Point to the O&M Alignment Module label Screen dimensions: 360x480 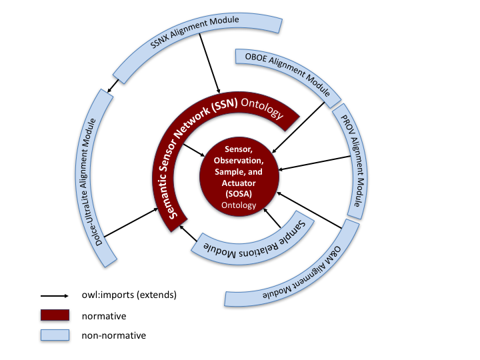[x=297, y=279]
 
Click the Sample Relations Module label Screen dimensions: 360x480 [x=249, y=238]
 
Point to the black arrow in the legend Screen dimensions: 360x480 [x=56, y=294]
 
